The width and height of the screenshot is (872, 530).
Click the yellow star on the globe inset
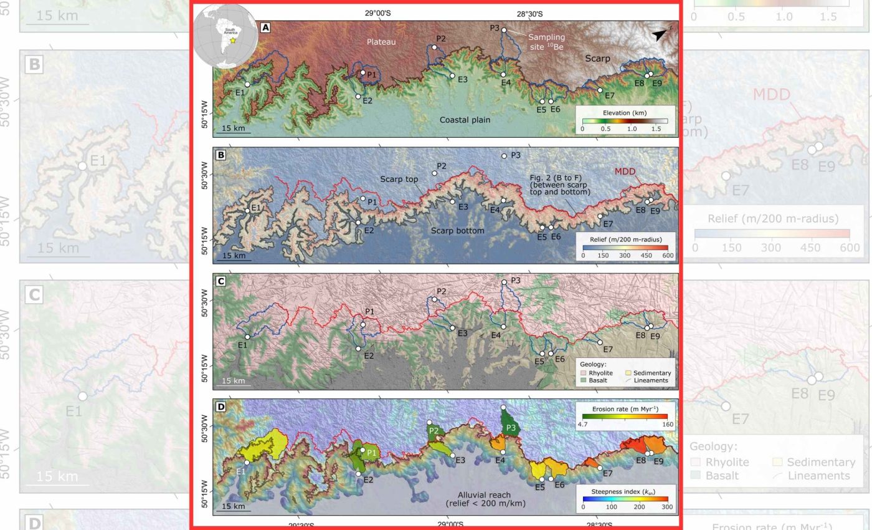tap(232, 40)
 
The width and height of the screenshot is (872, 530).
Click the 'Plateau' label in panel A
tap(381, 41)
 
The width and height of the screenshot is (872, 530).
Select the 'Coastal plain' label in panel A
tap(464, 120)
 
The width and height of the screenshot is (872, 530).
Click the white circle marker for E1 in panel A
tap(247, 84)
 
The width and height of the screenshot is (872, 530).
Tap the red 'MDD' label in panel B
tap(625, 170)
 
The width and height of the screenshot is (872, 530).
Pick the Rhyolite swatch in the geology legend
tap(583, 373)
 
